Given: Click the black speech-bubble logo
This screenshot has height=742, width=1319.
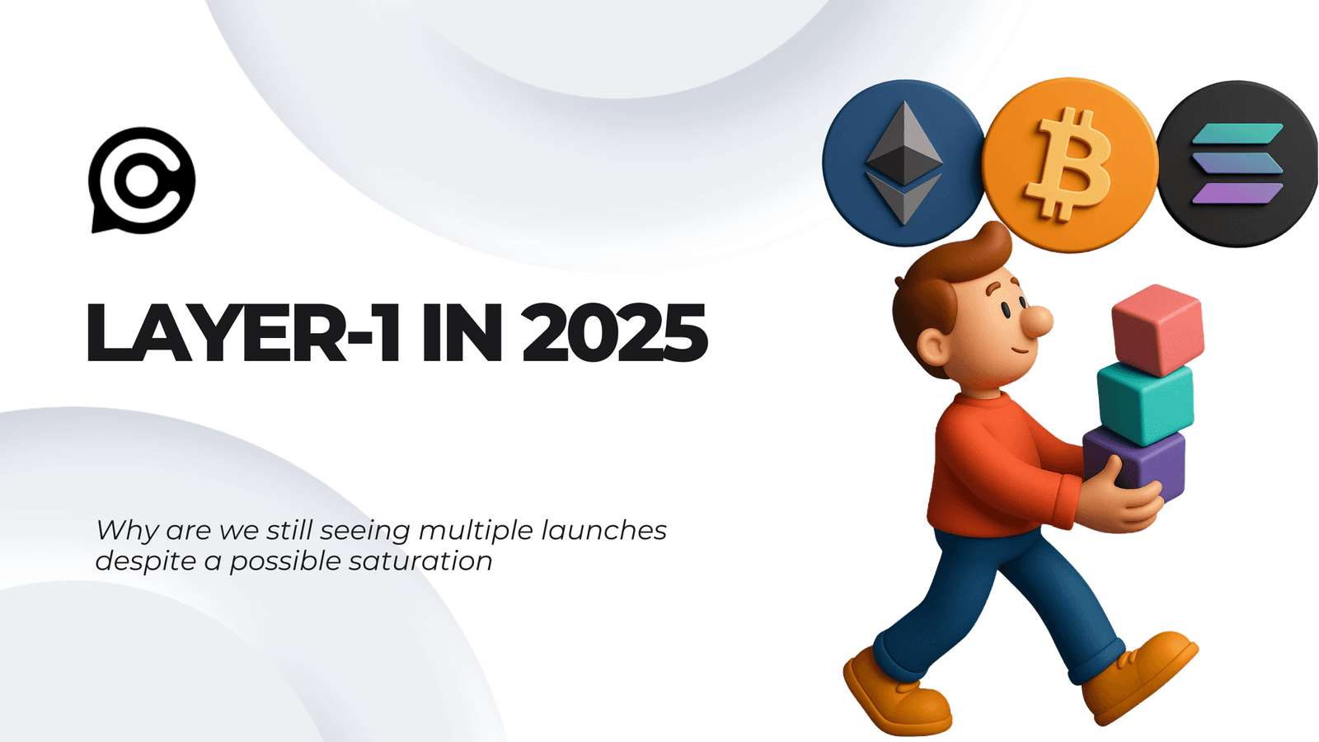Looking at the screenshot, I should click(x=142, y=180).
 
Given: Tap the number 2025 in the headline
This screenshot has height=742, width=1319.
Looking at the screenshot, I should click(x=614, y=334).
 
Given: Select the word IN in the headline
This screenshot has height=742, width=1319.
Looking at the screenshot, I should click(x=462, y=334).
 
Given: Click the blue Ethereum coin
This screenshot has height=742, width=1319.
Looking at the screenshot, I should click(x=904, y=163).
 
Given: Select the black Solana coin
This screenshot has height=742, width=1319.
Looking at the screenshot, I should click(x=1237, y=163).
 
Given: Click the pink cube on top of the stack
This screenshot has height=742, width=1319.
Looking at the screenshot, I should click(x=1157, y=328).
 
